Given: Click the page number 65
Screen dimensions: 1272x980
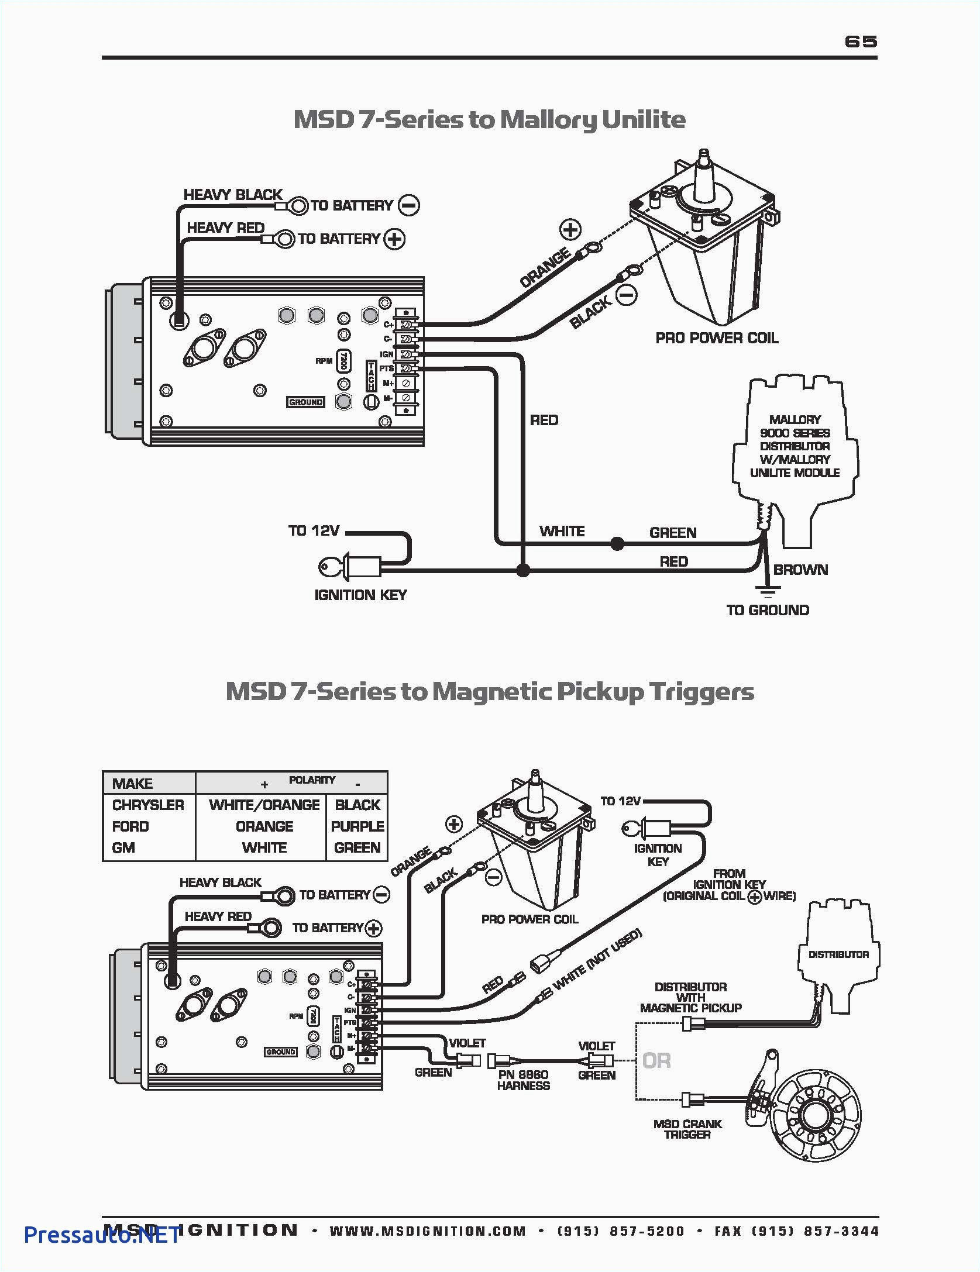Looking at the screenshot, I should [x=861, y=42].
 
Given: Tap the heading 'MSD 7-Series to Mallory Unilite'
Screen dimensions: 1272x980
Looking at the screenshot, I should [x=489, y=119].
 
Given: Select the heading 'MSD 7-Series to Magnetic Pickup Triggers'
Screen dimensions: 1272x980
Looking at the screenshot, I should [x=489, y=691].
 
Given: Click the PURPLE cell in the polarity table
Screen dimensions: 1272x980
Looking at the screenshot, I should [x=357, y=826].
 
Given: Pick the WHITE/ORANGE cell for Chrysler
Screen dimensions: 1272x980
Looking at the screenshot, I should [x=264, y=805].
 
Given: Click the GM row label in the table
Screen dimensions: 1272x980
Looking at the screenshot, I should [x=123, y=847].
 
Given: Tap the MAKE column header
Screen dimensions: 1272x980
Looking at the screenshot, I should [x=132, y=784].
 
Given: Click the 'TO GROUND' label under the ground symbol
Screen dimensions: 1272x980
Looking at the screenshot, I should [x=768, y=610].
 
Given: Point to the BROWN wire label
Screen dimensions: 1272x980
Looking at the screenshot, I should [x=800, y=570].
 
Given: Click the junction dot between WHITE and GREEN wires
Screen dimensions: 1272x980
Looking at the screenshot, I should [x=617, y=544].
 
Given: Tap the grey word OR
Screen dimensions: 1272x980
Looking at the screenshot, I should [x=656, y=1060].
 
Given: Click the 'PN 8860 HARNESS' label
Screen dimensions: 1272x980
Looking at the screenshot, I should [x=523, y=1080].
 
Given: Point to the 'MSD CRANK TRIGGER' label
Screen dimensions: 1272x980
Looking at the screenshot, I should [x=687, y=1129].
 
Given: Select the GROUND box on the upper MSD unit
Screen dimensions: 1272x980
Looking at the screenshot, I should [x=305, y=402].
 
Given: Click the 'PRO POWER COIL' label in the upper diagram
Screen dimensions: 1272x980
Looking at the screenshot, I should [x=717, y=338].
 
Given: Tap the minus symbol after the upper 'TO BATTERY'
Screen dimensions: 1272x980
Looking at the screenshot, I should [x=408, y=205].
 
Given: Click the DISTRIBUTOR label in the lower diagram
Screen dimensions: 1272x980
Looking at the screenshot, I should [x=838, y=954].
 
